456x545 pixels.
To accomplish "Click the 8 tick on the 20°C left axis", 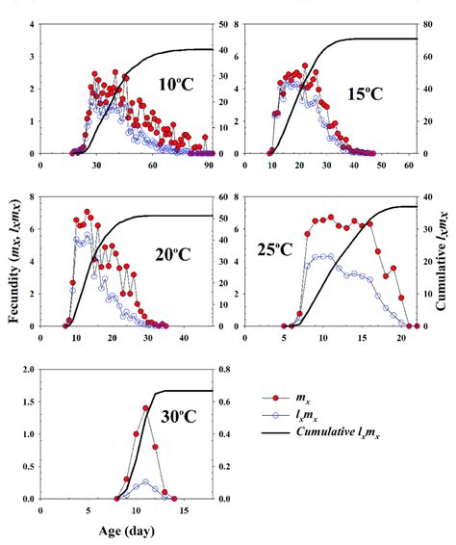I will (x=31, y=197).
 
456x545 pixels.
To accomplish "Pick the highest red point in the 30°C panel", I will (x=145, y=408).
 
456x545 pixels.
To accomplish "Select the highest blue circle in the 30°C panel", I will (x=145, y=482).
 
